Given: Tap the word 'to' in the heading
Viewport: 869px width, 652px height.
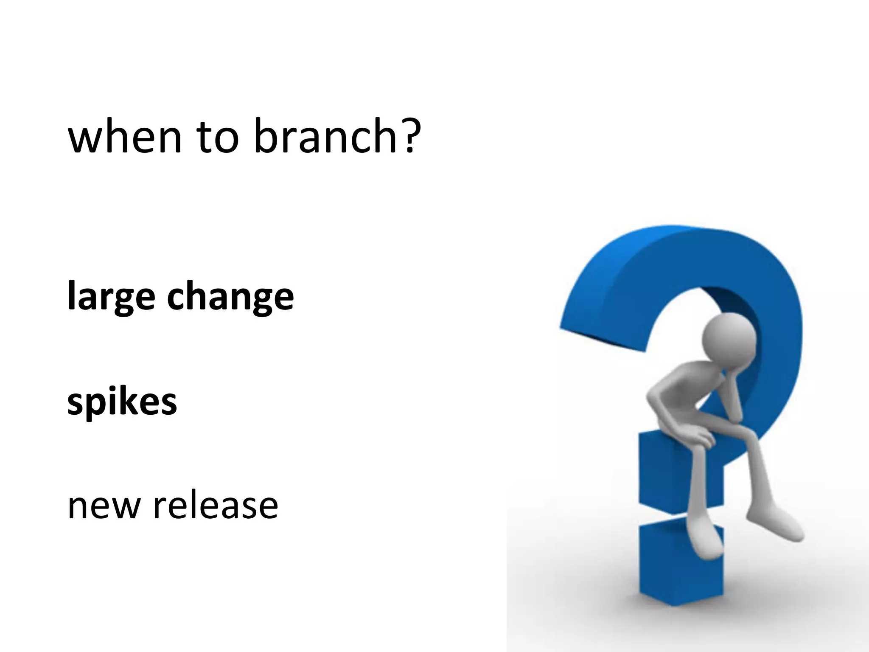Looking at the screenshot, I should point(218,137).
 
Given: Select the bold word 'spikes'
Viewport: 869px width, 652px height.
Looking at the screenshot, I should point(122,402).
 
